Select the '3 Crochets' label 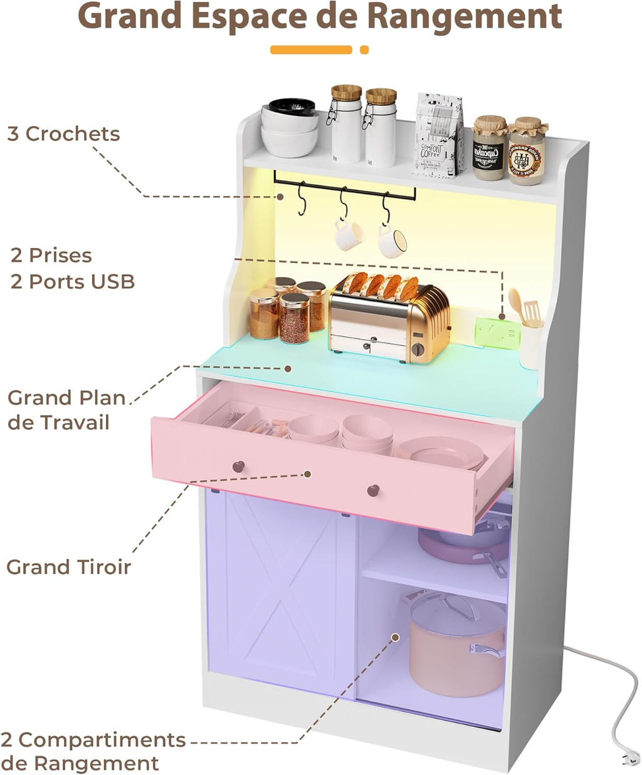click(63, 133)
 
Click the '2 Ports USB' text click(73, 281)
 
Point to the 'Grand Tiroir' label click(69, 567)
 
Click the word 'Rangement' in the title click(464, 18)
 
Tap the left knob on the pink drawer click(238, 466)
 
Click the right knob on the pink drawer click(373, 489)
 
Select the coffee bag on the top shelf click(439, 135)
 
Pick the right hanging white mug click(392, 241)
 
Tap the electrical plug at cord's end click(628, 759)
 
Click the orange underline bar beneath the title click(312, 49)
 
